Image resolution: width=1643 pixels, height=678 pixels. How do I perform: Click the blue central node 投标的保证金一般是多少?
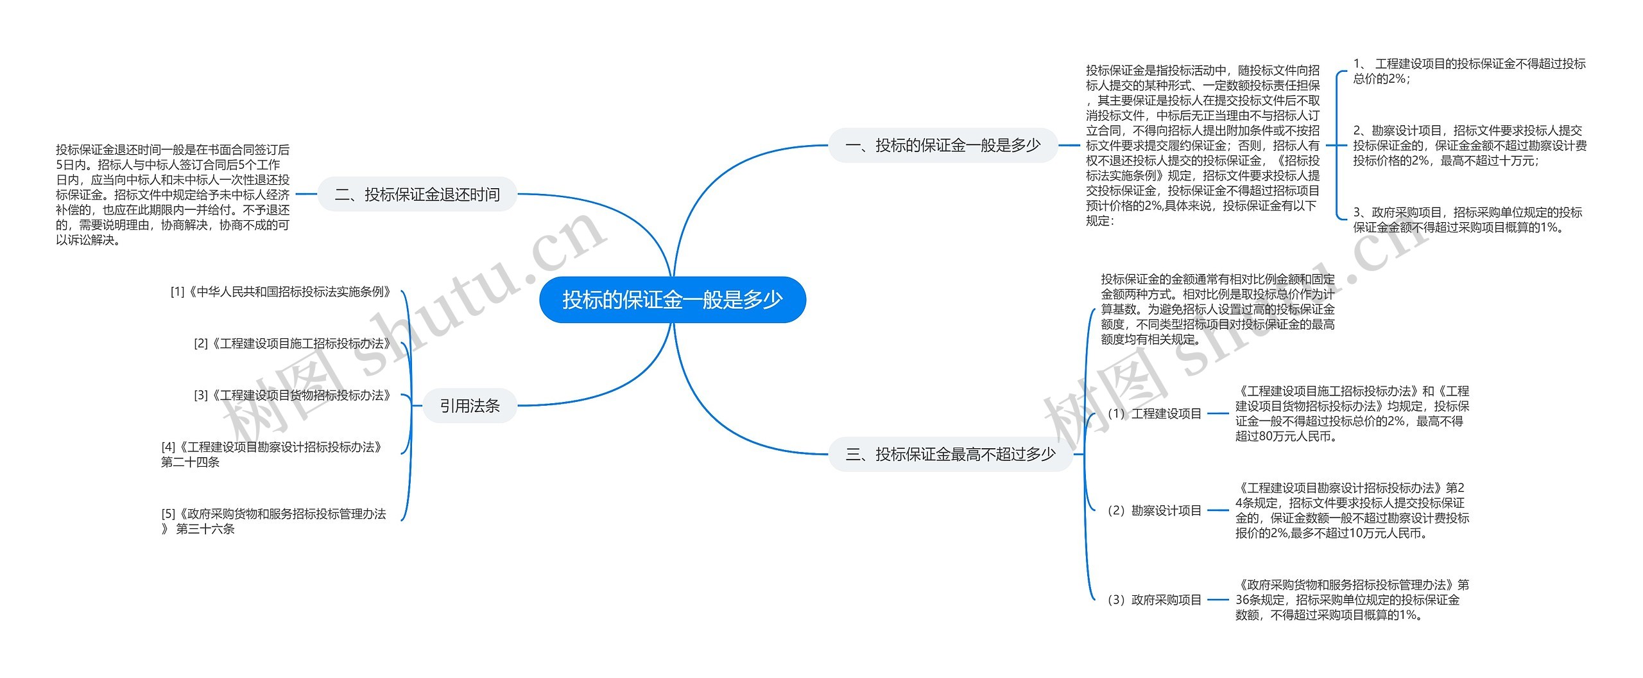(672, 300)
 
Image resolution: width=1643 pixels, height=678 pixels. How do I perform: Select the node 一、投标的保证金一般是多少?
(942, 145)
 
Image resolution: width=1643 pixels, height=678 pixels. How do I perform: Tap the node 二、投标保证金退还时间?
(417, 194)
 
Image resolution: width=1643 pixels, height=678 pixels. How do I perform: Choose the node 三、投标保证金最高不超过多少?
(950, 455)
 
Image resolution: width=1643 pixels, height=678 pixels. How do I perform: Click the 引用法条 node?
(469, 406)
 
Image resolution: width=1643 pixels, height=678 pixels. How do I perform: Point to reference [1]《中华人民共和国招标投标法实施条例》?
(281, 292)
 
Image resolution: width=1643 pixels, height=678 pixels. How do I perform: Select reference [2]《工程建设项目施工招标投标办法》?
(293, 344)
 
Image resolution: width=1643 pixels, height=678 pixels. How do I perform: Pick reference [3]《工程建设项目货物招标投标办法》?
(293, 395)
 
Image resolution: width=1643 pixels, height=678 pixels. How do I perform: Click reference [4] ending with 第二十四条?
(272, 455)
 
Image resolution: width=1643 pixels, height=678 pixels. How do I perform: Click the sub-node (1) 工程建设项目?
(1154, 414)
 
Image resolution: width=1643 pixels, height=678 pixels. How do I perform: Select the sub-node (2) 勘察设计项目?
(1154, 511)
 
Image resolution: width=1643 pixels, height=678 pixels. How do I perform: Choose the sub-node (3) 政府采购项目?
(1154, 600)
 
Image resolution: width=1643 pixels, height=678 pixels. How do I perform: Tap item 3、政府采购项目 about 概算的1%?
(1467, 220)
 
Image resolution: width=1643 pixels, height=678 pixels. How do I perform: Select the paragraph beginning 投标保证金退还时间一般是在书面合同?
(173, 195)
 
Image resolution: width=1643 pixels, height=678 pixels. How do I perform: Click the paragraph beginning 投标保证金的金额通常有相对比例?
(1217, 309)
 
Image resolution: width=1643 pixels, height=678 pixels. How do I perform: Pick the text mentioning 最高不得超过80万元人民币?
(1352, 414)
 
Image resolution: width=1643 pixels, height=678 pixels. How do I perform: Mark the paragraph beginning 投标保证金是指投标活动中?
(1202, 146)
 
